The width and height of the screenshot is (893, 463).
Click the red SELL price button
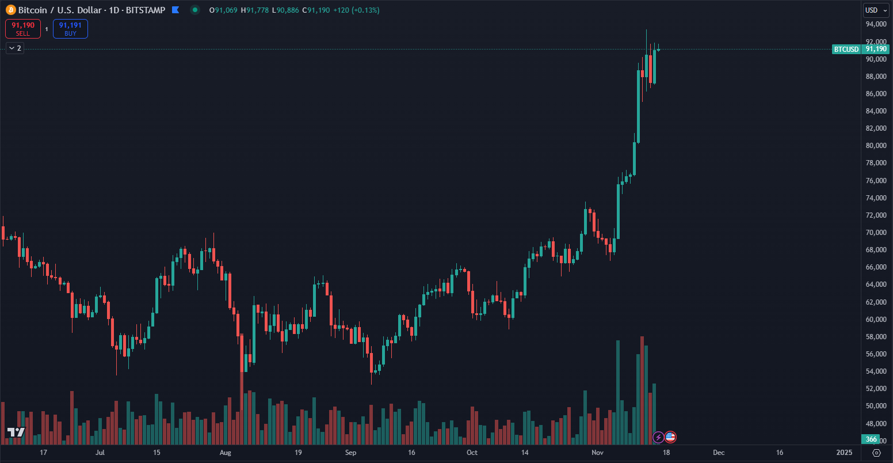pyautogui.click(x=23, y=29)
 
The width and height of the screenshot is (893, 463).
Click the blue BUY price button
pyautogui.click(x=70, y=29)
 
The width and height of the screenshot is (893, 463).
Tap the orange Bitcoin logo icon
pyautogui.click(x=10, y=10)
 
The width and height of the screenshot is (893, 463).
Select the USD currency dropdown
pyautogui.click(x=875, y=10)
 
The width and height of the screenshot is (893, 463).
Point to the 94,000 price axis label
pyautogui.click(x=875, y=24)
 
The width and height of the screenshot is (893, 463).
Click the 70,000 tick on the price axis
pyautogui.click(x=875, y=232)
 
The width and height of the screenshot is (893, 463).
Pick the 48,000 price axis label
pyautogui.click(x=875, y=423)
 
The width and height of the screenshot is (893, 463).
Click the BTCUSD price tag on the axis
pyautogui.click(x=846, y=50)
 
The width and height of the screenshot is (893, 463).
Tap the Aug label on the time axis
pyautogui.click(x=225, y=453)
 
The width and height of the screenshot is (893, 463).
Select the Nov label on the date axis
pyautogui.click(x=598, y=453)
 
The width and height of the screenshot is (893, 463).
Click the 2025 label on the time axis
pyautogui.click(x=844, y=453)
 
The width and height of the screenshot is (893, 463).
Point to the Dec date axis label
pyautogui.click(x=718, y=453)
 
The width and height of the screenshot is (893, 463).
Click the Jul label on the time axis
pyautogui.click(x=100, y=453)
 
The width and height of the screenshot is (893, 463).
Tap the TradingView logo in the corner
pyautogui.click(x=16, y=432)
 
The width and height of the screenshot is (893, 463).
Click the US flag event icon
pyautogui.click(x=670, y=437)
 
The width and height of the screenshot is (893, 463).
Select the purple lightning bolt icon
pyautogui.click(x=658, y=437)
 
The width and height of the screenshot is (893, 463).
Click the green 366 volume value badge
pyautogui.click(x=871, y=439)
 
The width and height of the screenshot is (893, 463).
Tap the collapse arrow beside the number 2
pyautogui.click(x=11, y=48)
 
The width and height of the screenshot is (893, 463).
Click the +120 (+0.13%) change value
pyautogui.click(x=356, y=10)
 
